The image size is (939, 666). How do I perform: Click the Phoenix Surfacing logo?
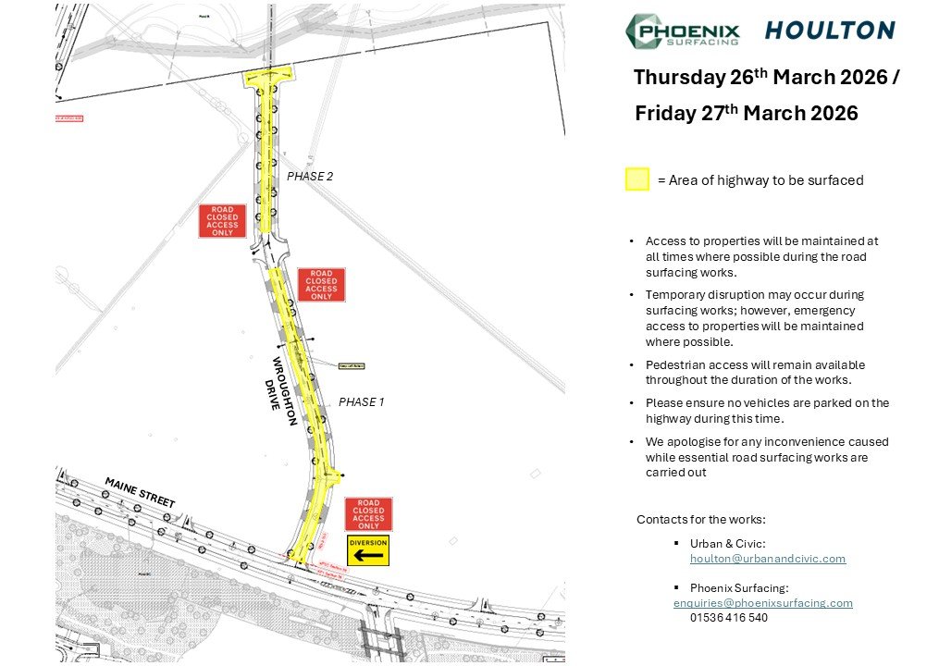[682, 31]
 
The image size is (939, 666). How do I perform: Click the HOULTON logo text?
[829, 31]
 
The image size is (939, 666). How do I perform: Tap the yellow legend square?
[636, 179]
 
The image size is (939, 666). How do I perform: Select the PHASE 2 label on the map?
[309, 176]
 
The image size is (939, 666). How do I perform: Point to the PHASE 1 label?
[361, 402]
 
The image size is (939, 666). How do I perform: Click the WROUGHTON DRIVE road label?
[283, 389]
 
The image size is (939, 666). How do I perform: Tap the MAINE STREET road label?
[140, 492]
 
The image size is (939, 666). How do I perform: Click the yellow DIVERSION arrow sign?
[367, 550]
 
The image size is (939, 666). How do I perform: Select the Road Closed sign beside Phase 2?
[223, 221]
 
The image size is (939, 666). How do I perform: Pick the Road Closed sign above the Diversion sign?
[368, 514]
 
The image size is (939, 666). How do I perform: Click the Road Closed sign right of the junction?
[321, 285]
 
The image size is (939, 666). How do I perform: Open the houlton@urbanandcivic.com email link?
[767, 559]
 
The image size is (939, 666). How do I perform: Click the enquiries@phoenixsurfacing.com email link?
[762, 603]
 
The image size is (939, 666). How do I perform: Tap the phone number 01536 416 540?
[728, 618]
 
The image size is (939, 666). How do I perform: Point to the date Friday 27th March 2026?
[746, 114]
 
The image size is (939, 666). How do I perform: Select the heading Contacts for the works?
[700, 520]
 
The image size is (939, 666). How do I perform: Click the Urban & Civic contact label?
[727, 544]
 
